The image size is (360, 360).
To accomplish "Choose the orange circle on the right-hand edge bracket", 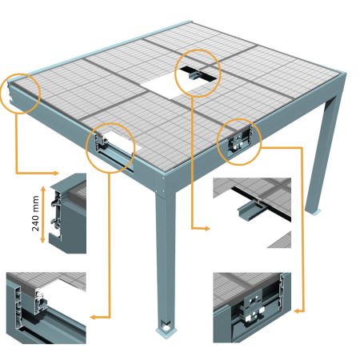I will click(238, 139).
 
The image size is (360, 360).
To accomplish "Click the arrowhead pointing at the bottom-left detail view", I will click(94, 318).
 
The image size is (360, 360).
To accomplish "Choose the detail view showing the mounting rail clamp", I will click(251, 204).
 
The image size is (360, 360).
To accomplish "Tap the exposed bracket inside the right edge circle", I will click(239, 142).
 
